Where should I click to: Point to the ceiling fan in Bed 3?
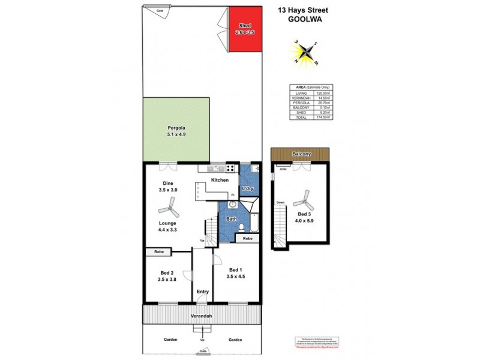click(x=305, y=198)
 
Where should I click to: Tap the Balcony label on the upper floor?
click(x=300, y=155)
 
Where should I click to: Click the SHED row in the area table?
click(x=310, y=112)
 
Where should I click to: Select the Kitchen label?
click(x=220, y=180)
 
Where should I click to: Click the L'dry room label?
click(x=248, y=189)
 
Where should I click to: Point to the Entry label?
click(x=203, y=292)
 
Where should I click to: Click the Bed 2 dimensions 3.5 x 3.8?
click(x=167, y=280)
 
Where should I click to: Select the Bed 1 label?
click(x=235, y=269)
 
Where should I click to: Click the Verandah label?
click(x=202, y=316)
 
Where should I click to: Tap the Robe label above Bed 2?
click(x=159, y=252)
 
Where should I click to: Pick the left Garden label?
click(x=171, y=340)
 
